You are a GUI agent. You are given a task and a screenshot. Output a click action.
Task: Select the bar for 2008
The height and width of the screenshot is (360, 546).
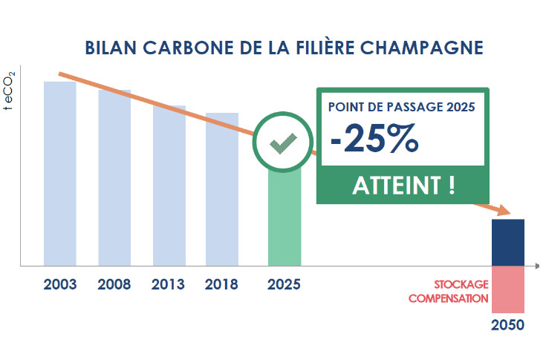coord(114,177)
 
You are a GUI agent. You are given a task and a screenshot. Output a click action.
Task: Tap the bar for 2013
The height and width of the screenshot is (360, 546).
coord(169,185)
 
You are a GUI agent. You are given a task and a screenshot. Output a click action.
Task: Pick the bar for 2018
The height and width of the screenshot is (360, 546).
coord(222,189)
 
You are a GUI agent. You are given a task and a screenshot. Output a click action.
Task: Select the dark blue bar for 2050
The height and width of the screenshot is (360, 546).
coord(509,242)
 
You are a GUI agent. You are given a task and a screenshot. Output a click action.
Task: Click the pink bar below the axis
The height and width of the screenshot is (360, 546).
coord(509,289)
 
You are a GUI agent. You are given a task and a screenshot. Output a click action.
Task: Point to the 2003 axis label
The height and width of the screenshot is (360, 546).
coord(60,284)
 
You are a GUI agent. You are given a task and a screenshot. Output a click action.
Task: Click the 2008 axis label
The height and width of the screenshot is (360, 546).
coord(114,284)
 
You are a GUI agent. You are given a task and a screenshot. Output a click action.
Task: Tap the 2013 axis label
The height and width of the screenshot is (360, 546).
coord(169,284)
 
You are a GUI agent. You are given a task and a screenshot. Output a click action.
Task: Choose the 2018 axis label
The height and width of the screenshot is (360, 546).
coord(221,284)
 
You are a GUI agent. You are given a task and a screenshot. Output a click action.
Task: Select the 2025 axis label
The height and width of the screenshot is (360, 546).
coord(284,284)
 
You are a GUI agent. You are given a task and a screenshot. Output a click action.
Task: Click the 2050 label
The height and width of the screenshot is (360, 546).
coord(508,325)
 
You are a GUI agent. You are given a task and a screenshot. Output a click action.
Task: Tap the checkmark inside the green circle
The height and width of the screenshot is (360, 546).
coord(284,143)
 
